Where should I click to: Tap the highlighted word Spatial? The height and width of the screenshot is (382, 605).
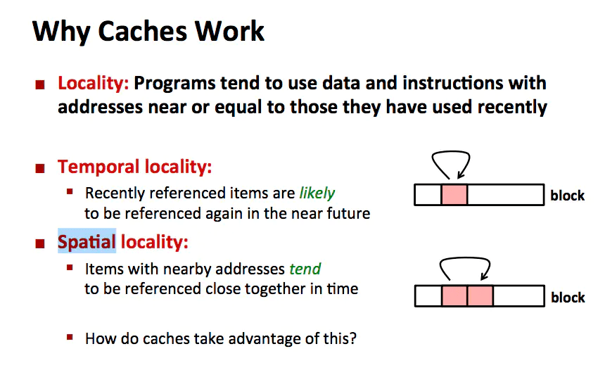coord(87,242)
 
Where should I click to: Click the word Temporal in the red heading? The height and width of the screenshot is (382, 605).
coord(98,167)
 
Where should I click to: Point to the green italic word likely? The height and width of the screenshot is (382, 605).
coord(317,193)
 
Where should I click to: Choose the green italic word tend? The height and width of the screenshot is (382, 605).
coord(305,269)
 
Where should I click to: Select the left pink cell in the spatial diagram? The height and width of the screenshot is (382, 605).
coord(454,296)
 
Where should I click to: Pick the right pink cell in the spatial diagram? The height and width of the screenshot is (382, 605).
coord(480,296)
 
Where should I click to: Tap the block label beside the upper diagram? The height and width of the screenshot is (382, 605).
coord(567,196)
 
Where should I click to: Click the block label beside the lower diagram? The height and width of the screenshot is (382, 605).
coord(567,298)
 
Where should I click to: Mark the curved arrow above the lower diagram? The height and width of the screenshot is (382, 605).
coord(465,267)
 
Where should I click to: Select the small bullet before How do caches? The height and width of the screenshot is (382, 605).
coord(70,337)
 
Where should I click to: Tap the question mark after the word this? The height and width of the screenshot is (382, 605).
coord(352,338)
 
